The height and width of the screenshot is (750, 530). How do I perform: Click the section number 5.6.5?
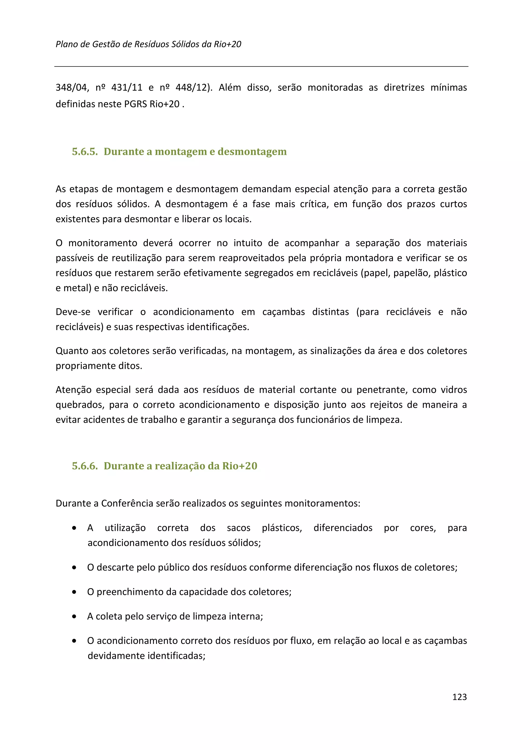[85, 152]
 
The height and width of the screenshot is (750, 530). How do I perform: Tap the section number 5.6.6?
[85, 466]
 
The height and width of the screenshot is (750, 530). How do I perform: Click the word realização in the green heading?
[180, 466]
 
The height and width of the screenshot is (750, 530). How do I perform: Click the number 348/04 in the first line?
[71, 87]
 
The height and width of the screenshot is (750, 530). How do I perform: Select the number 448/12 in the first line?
[191, 87]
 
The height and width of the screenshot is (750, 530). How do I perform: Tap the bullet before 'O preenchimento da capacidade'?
[75, 592]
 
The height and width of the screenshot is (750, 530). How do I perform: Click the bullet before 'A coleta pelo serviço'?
[75, 616]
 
